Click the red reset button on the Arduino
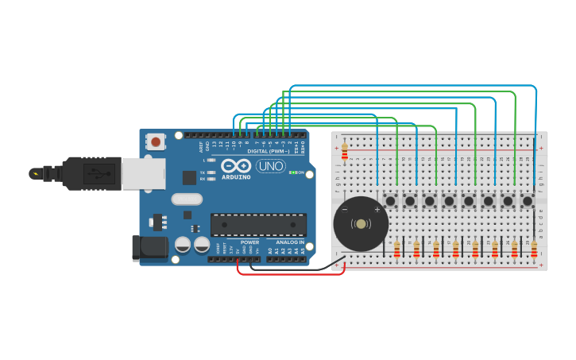pyautogui.click(x=156, y=142)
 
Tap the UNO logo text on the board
pyautogui.click(x=270, y=166)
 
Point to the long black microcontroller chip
pyautogui.click(x=257, y=225)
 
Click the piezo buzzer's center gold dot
pyautogui.click(x=361, y=224)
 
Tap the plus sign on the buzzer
pyautogui.click(x=377, y=210)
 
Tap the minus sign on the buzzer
pyautogui.click(x=345, y=210)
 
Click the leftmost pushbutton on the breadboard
pyautogui.click(x=391, y=201)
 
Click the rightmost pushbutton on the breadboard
pyautogui.click(x=527, y=201)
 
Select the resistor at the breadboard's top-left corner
pyautogui.click(x=344, y=150)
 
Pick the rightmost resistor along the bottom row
pyautogui.click(x=534, y=250)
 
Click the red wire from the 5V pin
pyautogui.click(x=290, y=274)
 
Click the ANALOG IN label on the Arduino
pyautogui.click(x=289, y=242)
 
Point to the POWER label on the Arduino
pyautogui.click(x=249, y=242)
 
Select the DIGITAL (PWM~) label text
pyautogui.click(x=269, y=151)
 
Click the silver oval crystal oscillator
pyautogui.click(x=187, y=199)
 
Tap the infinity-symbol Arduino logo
pyautogui.click(x=237, y=166)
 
